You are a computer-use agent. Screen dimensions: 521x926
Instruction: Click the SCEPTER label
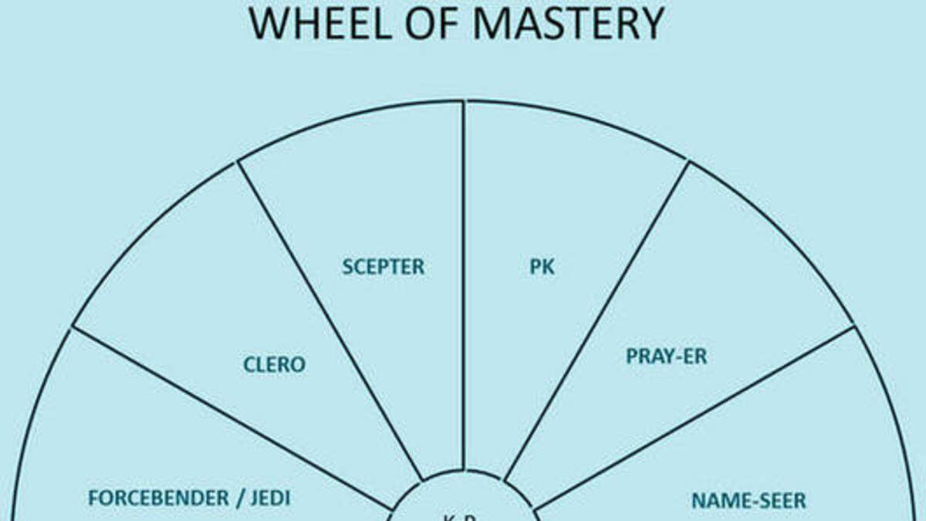(384, 267)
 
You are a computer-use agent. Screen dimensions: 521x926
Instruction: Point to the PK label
(542, 268)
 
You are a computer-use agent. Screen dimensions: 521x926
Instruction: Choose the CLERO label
(274, 364)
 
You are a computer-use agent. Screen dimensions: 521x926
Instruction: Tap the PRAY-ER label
(666, 357)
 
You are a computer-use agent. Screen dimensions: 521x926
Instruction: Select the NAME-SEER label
(749, 500)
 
